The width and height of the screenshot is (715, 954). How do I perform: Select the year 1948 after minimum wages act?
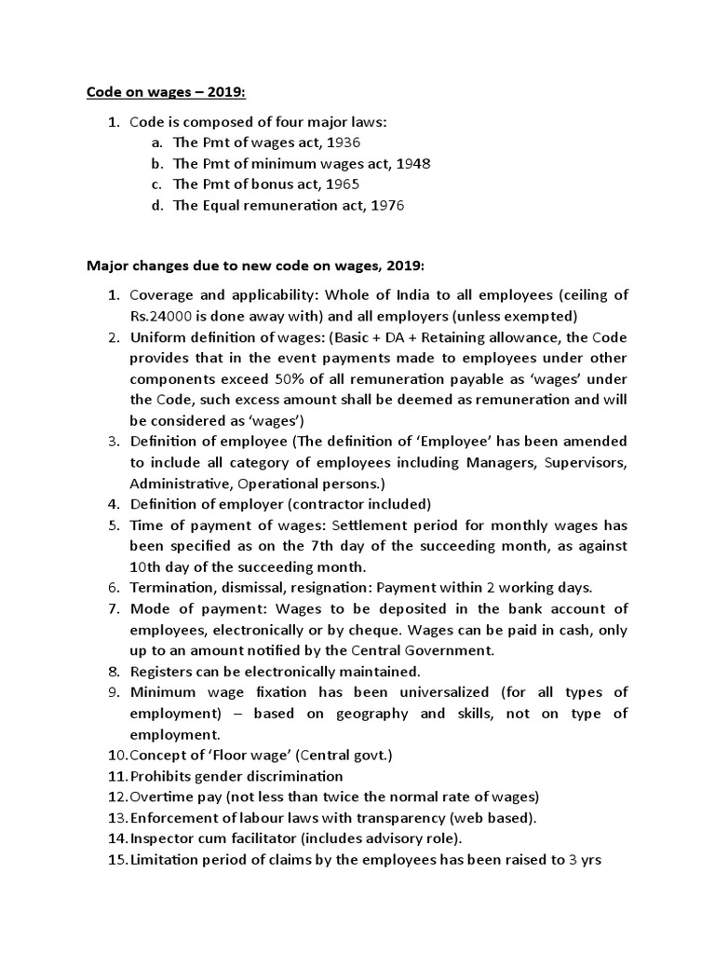click(413, 163)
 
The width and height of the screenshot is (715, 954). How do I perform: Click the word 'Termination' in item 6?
click(172, 587)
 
